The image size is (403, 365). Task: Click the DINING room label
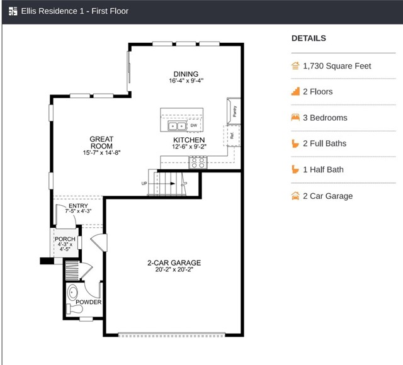tap(186, 74)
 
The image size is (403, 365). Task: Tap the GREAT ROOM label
tap(101, 143)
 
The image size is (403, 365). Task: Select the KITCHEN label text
tap(189, 140)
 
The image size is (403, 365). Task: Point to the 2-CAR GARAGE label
tap(174, 263)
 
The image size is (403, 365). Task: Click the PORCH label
tap(65, 239)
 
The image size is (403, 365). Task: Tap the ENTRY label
tap(78, 206)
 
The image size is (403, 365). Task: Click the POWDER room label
tap(88, 302)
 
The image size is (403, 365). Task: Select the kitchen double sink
tap(177, 126)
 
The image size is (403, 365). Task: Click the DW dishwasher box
tap(194, 125)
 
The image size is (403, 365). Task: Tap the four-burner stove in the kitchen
tap(198, 163)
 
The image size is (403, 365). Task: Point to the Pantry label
tap(234, 111)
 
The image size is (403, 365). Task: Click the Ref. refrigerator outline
tap(232, 136)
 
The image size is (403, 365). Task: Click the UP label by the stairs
tap(144, 183)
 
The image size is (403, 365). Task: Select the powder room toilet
tap(74, 309)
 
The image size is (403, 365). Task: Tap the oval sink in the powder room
tap(73, 293)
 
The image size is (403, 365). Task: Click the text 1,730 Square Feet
tap(337, 66)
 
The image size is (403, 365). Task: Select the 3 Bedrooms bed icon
tap(295, 118)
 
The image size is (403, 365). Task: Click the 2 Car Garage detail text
tap(327, 196)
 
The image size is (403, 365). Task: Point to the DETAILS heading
tap(309, 38)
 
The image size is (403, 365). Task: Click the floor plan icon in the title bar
tap(13, 11)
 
